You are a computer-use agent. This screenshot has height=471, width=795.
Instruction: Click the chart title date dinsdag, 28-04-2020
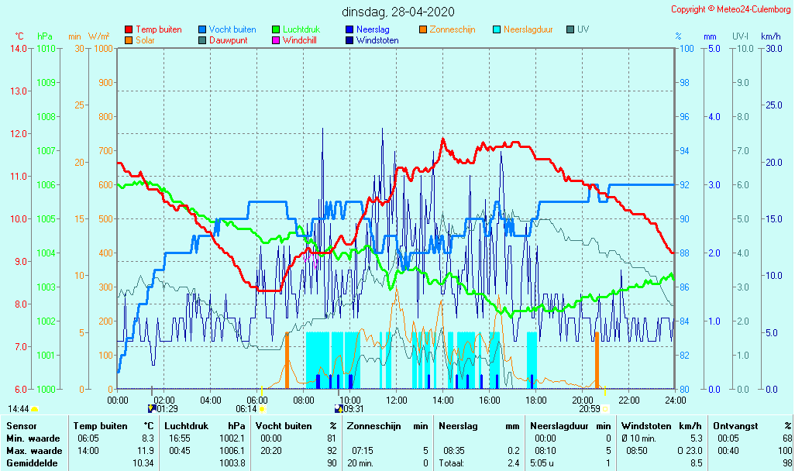tap(398, 12)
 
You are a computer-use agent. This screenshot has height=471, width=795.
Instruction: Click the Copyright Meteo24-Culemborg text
tap(731, 9)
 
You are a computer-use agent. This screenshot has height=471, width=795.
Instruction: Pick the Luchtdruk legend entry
tap(307, 29)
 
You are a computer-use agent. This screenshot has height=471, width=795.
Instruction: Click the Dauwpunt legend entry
tap(228, 40)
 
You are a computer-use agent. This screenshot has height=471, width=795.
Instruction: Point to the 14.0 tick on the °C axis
tap(17, 49)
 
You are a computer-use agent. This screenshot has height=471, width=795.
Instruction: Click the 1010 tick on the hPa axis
tap(46, 49)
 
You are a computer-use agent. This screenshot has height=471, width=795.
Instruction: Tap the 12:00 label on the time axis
tap(397, 401)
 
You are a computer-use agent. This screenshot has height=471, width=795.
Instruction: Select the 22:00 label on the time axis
tap(628, 401)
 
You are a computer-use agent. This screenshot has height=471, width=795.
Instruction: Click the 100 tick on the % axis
tap(685, 49)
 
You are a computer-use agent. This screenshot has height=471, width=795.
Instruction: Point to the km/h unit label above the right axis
tap(770, 36)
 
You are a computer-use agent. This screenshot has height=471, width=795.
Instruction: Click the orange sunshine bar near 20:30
tap(597, 360)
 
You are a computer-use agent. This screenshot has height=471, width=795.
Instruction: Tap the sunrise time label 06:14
tap(246, 409)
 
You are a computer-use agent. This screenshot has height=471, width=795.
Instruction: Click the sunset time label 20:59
tap(589, 409)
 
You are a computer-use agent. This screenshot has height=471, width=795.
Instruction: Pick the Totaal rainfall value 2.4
tap(515, 462)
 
